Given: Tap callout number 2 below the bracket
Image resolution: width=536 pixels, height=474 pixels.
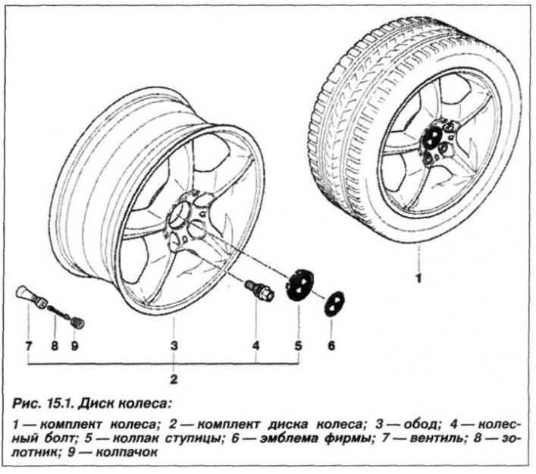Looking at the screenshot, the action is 174,379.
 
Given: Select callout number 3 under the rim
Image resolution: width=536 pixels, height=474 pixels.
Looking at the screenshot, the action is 174,346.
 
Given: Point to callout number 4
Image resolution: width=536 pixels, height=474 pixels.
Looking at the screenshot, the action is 255,346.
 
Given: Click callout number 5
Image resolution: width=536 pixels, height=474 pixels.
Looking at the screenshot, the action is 299,346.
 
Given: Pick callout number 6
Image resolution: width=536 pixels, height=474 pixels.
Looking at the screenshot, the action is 331,346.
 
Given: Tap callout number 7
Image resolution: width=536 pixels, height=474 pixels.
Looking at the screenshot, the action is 29,346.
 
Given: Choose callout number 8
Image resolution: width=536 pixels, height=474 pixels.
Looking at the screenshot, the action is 55,346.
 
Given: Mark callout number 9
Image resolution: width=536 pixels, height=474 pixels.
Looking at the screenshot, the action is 74,346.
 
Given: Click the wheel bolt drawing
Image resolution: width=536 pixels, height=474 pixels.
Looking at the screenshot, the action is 259,290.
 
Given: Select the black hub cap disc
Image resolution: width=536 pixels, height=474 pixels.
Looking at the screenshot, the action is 299,285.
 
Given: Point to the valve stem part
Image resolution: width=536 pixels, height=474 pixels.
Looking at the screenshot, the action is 31,295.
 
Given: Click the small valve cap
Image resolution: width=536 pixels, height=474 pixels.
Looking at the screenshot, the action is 77,322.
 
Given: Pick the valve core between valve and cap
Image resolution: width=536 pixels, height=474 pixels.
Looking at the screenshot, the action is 58,312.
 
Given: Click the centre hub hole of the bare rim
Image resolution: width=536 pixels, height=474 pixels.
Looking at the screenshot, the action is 180,214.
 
